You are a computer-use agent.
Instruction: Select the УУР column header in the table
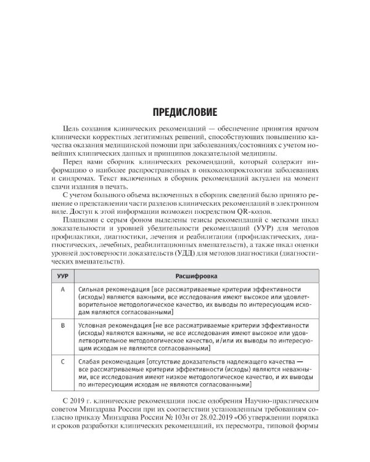(61, 277)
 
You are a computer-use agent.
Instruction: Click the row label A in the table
(61, 290)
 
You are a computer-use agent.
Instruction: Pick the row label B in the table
(61, 324)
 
